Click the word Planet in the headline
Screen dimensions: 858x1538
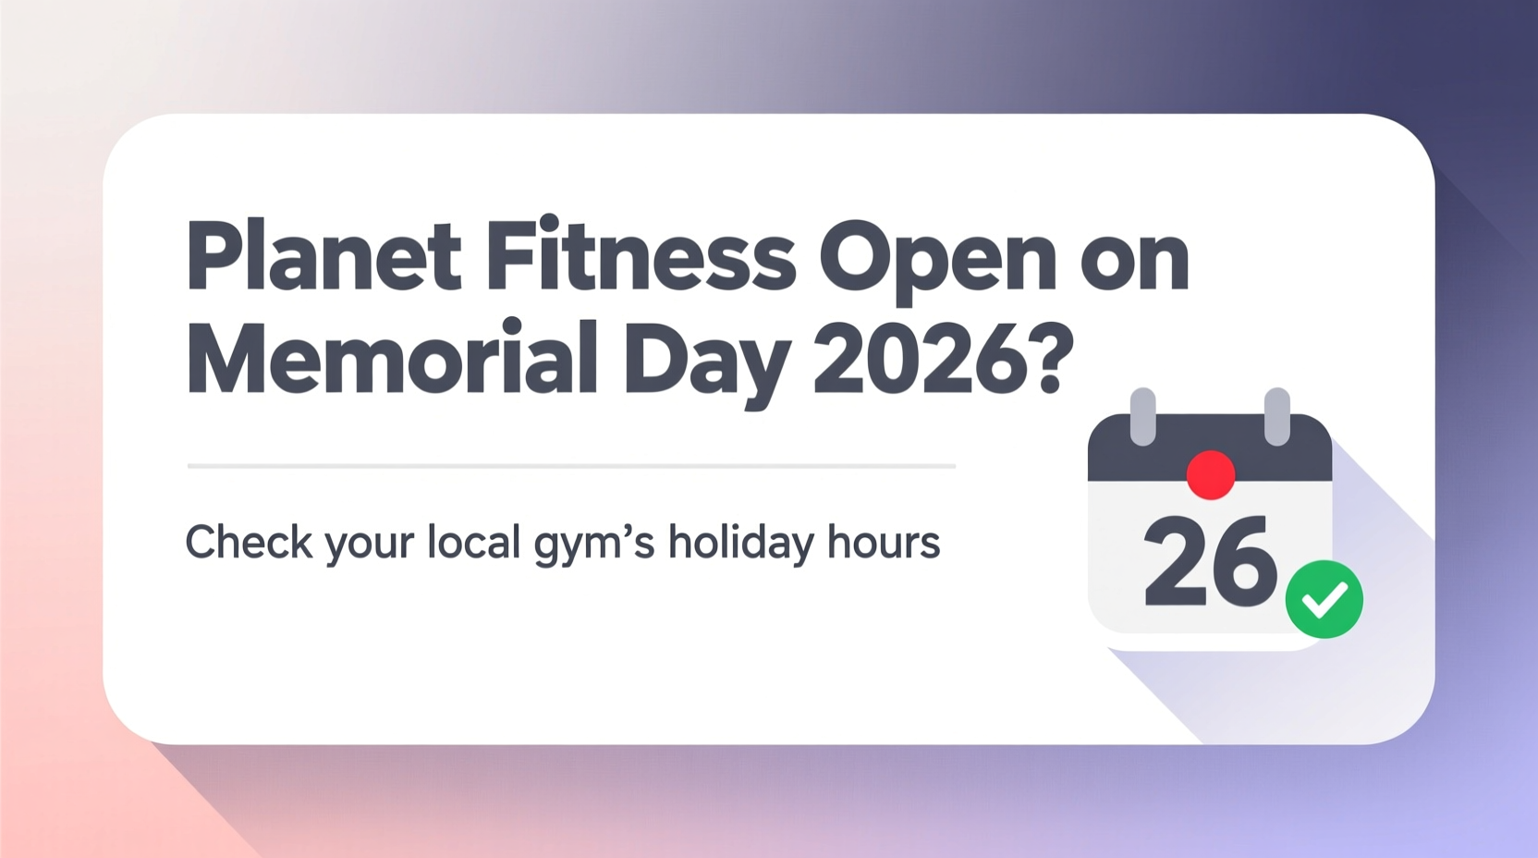point(323,257)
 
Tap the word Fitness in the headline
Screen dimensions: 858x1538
point(640,255)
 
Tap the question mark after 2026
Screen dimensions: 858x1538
point(1050,360)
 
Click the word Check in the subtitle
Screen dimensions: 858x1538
point(249,542)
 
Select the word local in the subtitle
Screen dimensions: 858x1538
point(474,542)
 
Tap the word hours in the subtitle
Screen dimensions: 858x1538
point(884,542)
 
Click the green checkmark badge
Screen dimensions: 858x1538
point(1324,599)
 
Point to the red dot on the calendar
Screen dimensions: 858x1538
point(1210,474)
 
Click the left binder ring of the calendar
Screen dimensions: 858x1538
point(1143,416)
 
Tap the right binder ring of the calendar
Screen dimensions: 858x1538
point(1276,416)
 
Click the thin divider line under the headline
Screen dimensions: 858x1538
point(571,466)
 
